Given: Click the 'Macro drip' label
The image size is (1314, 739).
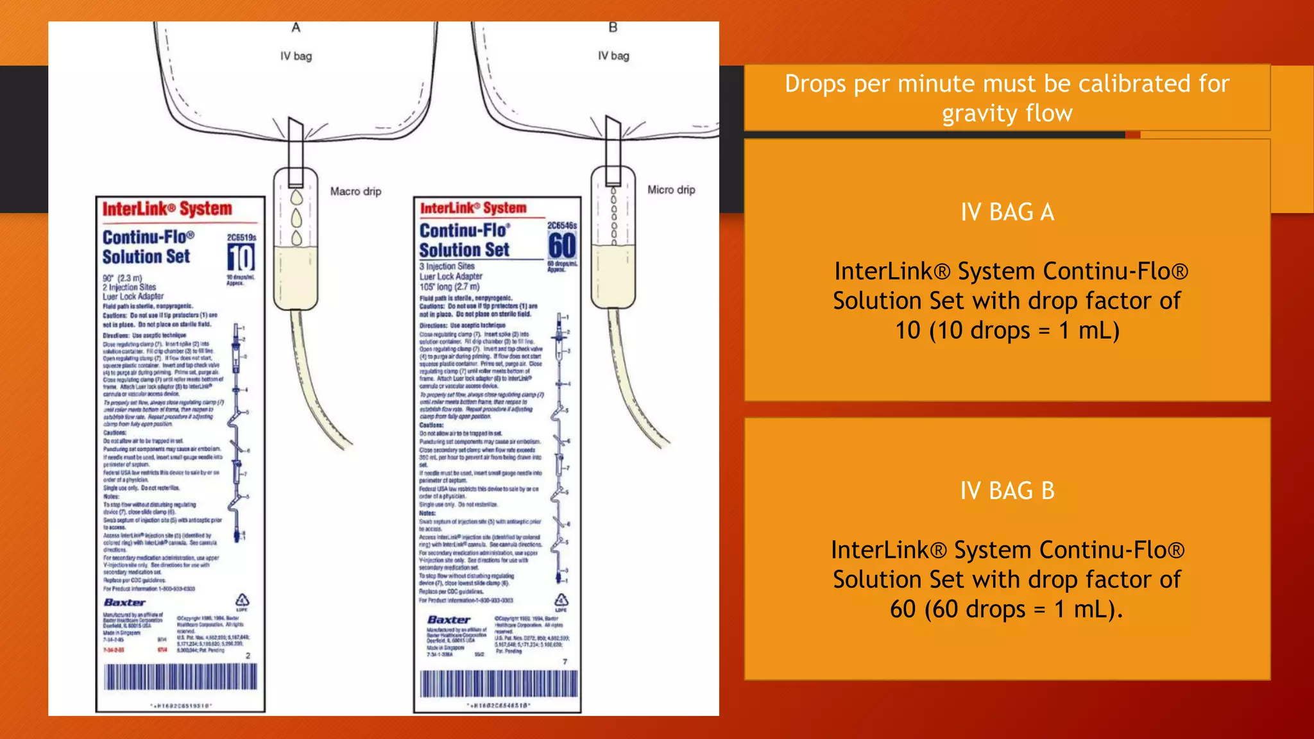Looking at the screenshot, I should tap(355, 191).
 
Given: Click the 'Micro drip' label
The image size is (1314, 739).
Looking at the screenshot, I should tap(670, 190).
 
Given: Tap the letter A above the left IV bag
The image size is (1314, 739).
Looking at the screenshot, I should tap(296, 28).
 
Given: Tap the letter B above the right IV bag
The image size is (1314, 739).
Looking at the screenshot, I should tap(613, 28).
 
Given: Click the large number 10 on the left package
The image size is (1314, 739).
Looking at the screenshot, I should tap(241, 259).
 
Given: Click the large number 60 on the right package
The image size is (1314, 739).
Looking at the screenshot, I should tap(562, 246).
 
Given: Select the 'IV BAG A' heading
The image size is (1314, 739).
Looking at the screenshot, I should tap(1007, 212).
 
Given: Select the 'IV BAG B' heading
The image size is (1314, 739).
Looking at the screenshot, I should tap(1007, 491).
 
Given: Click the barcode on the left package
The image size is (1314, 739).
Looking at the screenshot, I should tap(181, 677).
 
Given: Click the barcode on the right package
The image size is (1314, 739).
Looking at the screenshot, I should tap(499, 684).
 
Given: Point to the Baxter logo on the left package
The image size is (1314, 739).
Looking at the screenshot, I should tap(124, 602).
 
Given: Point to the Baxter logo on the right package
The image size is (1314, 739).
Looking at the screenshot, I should tap(448, 620).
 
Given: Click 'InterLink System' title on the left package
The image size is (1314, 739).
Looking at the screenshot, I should tap(167, 209).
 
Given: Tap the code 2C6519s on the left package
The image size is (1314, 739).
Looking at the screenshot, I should tap(241, 237).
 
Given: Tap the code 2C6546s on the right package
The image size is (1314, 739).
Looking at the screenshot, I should tap(561, 226).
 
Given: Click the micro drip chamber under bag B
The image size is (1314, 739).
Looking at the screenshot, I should tap(613, 237).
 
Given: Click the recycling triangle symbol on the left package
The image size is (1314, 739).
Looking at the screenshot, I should tap(242, 600).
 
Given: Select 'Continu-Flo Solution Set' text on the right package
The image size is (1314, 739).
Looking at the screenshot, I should tap(465, 240).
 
